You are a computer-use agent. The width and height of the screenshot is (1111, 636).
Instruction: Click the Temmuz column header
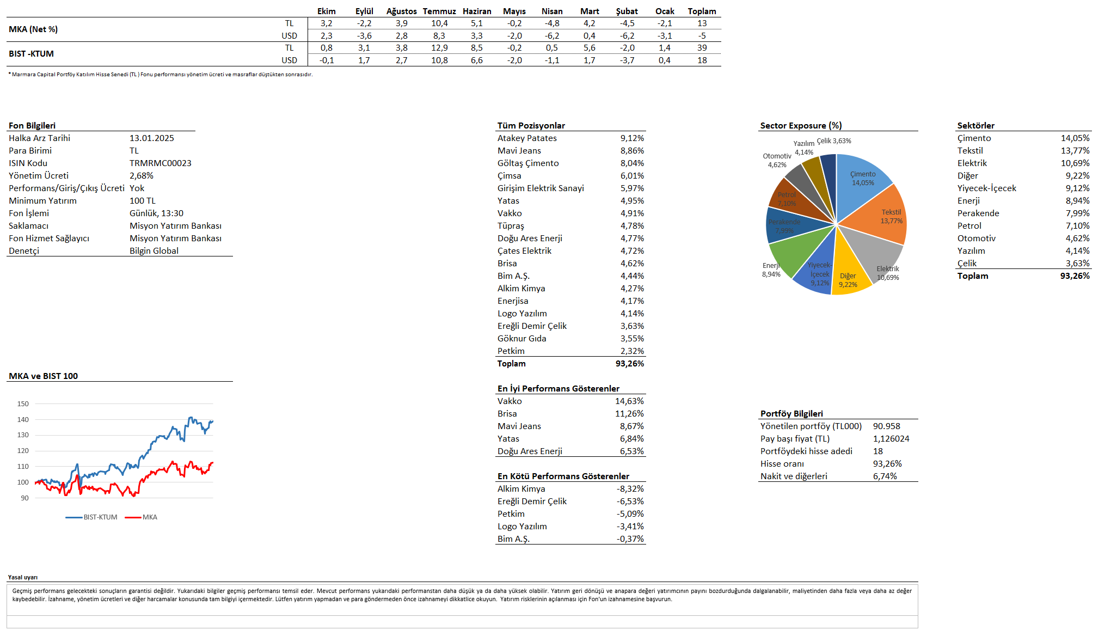tap(439, 11)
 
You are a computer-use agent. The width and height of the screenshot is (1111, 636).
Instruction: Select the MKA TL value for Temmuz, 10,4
tap(439, 23)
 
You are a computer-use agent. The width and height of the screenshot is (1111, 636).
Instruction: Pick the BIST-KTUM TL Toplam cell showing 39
tap(702, 48)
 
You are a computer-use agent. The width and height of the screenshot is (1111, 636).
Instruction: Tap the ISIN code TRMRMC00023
tap(160, 163)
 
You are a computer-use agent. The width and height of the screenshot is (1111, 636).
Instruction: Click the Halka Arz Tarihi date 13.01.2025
tap(151, 138)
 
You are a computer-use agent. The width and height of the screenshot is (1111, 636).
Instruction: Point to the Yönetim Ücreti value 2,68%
tap(142, 176)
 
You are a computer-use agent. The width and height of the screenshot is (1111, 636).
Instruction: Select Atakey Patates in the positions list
tap(526, 138)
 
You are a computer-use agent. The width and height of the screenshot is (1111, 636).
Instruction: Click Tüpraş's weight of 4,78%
tap(632, 226)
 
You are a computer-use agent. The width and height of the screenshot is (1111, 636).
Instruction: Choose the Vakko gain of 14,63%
tap(629, 401)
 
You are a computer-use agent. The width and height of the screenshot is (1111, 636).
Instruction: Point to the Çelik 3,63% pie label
tap(833, 141)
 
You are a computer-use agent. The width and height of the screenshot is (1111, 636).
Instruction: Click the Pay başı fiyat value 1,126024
tap(891, 439)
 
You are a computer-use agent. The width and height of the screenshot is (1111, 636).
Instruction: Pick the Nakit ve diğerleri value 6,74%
tap(885, 476)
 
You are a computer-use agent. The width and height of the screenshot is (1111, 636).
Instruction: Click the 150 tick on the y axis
tap(23, 404)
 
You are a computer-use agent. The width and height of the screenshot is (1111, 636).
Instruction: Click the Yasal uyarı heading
tap(23, 577)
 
